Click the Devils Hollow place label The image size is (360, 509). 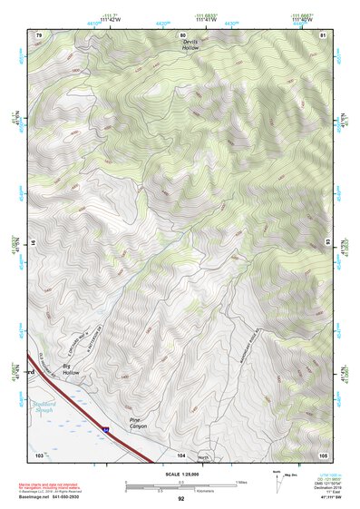190,45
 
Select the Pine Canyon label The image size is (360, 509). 138,424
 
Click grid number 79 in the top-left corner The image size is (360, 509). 39,34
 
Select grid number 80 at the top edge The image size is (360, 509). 181,34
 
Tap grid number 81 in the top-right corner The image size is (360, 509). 323,34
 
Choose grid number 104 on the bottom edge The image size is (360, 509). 181,454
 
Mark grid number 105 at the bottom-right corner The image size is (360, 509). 323,454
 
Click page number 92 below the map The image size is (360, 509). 180,499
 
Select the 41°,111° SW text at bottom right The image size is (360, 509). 325,499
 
